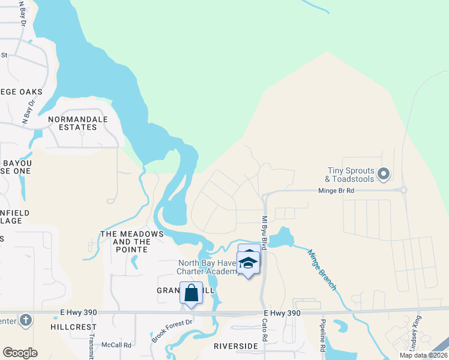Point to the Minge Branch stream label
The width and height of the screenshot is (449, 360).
[322, 270]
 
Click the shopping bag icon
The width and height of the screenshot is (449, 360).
[191, 293]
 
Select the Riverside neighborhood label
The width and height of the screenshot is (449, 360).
[235, 346]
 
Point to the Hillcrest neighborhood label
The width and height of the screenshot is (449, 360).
[73, 327]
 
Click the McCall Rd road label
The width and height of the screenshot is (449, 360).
[116, 345]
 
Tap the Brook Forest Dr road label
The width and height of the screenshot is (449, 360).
[172, 331]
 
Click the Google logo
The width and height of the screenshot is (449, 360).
[20, 352]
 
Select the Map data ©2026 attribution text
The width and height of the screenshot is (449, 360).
[423, 355]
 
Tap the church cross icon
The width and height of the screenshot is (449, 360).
[25, 320]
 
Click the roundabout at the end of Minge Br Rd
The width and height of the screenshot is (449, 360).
[403, 190]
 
